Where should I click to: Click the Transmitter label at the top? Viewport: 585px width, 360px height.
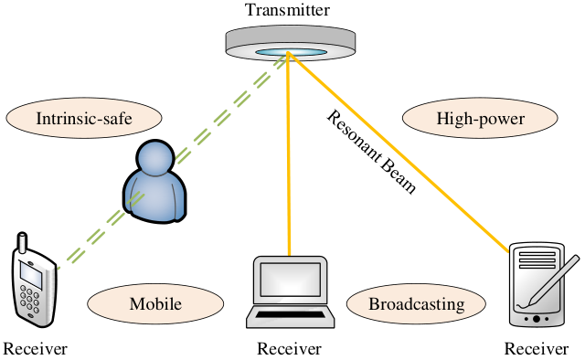287,10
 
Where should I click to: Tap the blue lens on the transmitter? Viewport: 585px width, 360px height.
291,53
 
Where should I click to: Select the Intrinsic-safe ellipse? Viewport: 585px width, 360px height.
84,118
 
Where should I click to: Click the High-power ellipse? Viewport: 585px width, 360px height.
480,118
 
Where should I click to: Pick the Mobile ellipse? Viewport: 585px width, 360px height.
155,303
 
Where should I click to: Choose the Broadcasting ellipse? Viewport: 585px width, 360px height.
417,303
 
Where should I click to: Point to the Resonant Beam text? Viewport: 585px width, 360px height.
371,152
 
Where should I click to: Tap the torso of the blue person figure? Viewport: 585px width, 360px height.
154,197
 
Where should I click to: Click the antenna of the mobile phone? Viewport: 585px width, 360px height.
23,242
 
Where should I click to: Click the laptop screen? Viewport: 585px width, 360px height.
291,280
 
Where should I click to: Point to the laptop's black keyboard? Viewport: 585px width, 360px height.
290,314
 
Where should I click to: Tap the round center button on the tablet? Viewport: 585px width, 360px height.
537,319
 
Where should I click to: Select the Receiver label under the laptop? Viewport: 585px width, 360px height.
289,349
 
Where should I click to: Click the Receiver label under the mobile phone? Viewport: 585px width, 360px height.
35,349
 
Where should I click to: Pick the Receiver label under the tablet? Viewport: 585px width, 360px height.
537,349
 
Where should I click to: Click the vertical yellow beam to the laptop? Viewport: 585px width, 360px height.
289,154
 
